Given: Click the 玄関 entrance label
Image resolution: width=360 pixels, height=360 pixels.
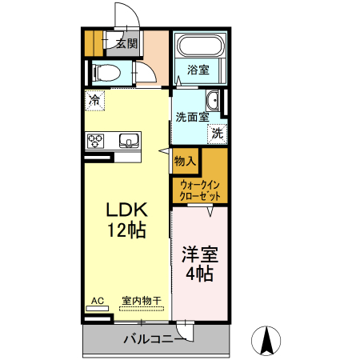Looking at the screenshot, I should tap(126, 44).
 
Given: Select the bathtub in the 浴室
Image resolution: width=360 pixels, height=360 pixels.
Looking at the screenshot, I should tap(200, 47).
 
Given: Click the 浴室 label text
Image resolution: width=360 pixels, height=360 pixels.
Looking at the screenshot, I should tap(198, 70).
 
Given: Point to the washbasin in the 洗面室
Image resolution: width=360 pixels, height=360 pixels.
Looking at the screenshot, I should tap(213, 102).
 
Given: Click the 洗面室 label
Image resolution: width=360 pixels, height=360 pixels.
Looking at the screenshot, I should tap(192, 117).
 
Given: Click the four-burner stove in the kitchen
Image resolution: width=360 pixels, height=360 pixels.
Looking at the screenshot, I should tap(96, 141).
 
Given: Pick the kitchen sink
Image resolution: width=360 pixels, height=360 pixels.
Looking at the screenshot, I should tap(128, 142).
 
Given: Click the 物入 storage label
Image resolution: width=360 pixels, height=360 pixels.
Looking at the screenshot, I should tap(185, 161).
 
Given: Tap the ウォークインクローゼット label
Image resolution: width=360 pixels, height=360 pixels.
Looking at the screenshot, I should tap(200, 190).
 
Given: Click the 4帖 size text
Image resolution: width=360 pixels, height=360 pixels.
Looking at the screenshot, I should tap(199, 275).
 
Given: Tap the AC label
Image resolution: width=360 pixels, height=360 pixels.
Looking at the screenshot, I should tap(97, 301).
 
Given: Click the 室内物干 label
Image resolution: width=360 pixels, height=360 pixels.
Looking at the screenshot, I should tap(142, 301).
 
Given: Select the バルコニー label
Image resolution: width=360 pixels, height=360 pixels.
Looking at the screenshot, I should tap(154, 338).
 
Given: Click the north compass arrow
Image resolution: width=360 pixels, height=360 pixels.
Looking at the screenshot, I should tap(267, 340).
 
